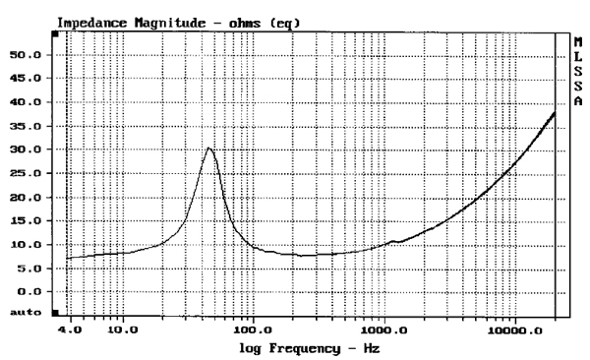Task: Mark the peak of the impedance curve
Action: [208, 148]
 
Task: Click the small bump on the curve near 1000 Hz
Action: [393, 241]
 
